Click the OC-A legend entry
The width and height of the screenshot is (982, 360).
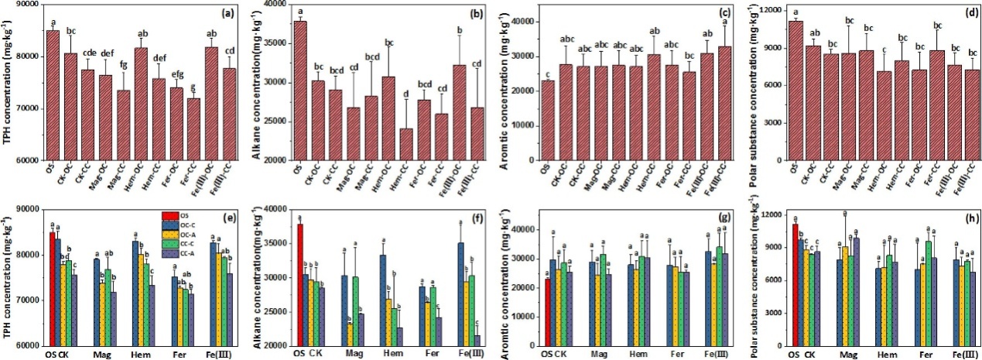pos(180,234)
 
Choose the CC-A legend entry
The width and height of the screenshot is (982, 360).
pos(180,252)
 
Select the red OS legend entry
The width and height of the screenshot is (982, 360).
pos(180,214)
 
